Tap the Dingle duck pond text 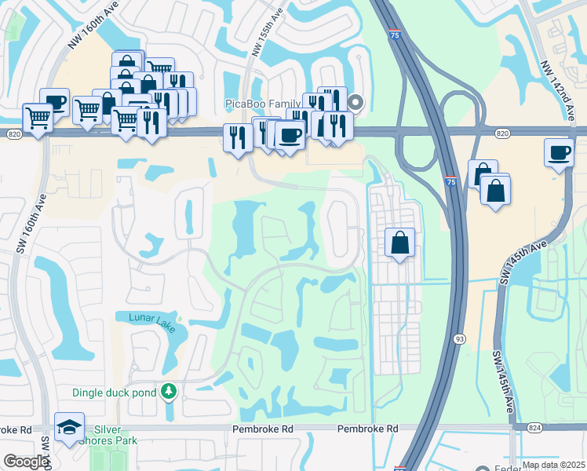pyautogui.click(x=115, y=392)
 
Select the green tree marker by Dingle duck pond pyautogui.click(x=167, y=391)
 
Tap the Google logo pyautogui.click(x=27, y=462)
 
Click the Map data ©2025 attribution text pyautogui.click(x=552, y=465)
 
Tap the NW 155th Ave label pyautogui.click(x=267, y=31)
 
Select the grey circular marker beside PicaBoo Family pyautogui.click(x=355, y=101)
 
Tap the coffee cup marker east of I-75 pyautogui.click(x=559, y=152)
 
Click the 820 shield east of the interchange pyautogui.click(x=501, y=134)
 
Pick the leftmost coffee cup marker pyautogui.click(x=55, y=101)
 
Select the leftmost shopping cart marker pyautogui.click(x=38, y=118)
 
